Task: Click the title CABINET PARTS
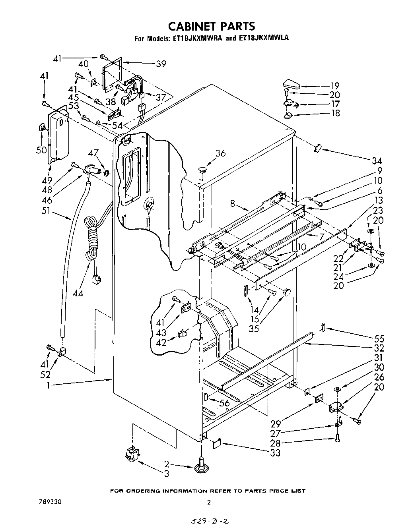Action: tap(211, 26)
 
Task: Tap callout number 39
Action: tap(161, 64)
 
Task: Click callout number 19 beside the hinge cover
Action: tap(334, 85)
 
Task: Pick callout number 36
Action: tap(220, 153)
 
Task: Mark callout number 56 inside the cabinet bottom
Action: tap(225, 403)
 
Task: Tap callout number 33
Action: tap(275, 452)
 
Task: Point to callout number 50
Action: tap(41, 150)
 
